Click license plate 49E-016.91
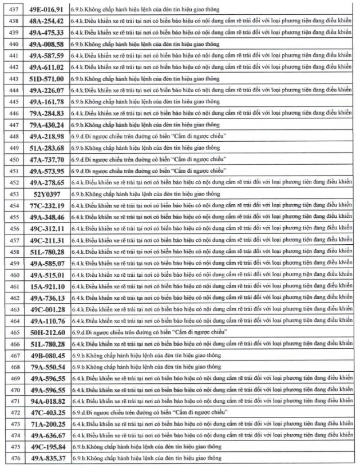tap(47, 9)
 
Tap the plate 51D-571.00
tap(47, 78)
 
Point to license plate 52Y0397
tap(47, 194)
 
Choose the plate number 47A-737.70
tap(47, 159)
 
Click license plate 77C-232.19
tap(47, 205)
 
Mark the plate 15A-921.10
tap(47, 286)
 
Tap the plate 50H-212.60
tap(47, 332)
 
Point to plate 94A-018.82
tap(47, 402)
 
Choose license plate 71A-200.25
tap(47, 424)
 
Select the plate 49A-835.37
tap(47, 459)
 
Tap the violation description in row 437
tap(144, 9)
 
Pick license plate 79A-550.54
tap(47, 367)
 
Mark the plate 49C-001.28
tap(47, 309)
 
